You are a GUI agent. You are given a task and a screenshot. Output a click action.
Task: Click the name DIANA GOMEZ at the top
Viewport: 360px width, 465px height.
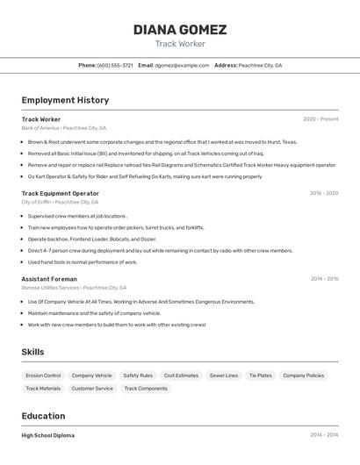click(179, 29)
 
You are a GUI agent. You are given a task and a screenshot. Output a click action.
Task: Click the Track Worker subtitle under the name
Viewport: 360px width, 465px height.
click(179, 44)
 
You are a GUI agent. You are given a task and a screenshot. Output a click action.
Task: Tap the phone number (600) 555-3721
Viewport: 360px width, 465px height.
click(115, 65)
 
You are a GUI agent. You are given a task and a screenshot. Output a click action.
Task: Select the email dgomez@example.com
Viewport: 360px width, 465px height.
click(184, 65)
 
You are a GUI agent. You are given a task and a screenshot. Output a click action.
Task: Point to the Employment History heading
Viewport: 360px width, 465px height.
click(65, 100)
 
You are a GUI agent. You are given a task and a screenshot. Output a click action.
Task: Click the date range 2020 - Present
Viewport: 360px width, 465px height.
click(320, 119)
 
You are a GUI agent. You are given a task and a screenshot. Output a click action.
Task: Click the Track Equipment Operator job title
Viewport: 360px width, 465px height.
click(61, 193)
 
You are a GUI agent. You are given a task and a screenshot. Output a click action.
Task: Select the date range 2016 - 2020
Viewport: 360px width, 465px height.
click(324, 193)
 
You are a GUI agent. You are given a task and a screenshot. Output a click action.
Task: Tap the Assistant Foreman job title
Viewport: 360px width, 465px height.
click(49, 279)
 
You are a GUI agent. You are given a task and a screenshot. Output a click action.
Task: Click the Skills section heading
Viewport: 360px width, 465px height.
click(32, 352)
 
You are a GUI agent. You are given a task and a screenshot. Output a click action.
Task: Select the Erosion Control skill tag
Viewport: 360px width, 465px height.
click(43, 376)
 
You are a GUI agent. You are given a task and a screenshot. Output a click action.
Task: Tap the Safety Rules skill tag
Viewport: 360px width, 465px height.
click(138, 376)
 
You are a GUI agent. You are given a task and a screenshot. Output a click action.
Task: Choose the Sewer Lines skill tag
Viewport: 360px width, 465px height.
click(224, 376)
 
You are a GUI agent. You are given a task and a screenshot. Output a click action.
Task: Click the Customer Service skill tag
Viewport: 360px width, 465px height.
click(92, 388)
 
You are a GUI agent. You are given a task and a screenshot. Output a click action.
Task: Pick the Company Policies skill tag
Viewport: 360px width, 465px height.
click(303, 376)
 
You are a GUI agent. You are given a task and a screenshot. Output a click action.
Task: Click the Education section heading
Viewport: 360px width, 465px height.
click(43, 416)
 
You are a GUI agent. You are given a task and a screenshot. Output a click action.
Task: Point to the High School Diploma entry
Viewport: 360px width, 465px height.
click(48, 435)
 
